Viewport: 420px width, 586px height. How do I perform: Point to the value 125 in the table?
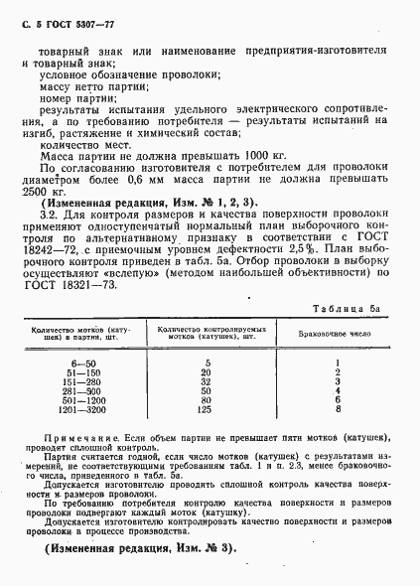pyautogui.click(x=206, y=407)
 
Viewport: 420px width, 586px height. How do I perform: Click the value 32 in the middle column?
pyautogui.click(x=206, y=380)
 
